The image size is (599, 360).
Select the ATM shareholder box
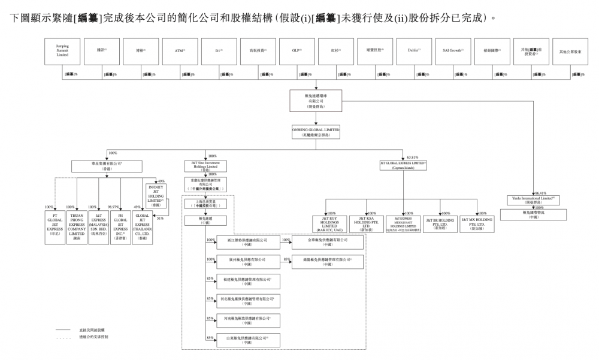[x=180, y=51]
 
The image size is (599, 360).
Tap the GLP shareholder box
[x=297, y=51]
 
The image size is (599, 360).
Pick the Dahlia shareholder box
[x=413, y=51]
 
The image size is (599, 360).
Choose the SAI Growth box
[x=453, y=51]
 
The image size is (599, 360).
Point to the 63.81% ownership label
[x=413, y=157]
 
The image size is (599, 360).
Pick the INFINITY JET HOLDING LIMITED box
[x=156, y=193]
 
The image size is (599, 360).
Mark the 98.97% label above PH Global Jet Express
[x=123, y=207]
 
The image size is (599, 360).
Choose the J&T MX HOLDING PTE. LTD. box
[x=477, y=223]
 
